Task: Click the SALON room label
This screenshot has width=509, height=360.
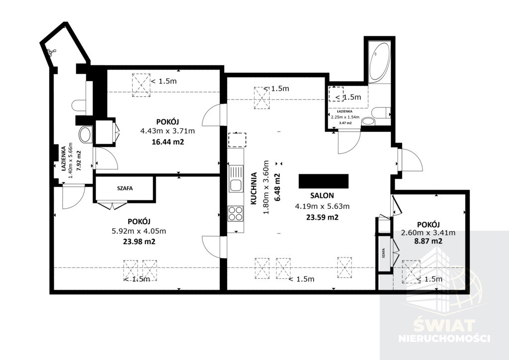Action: [322, 195]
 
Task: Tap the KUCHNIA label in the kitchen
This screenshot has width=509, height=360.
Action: [254, 188]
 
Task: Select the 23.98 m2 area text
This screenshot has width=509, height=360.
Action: [139, 242]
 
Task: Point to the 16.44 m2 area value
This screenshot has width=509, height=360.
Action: [168, 142]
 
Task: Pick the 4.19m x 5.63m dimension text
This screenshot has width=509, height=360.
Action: [322, 206]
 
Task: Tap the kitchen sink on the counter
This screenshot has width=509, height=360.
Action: [236, 178]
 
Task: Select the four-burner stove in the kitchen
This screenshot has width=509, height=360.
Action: [236, 214]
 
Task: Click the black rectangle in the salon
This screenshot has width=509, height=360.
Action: [324, 181]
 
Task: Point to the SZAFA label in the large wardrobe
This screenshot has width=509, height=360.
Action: [125, 188]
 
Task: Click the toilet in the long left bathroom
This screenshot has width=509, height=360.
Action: [79, 106]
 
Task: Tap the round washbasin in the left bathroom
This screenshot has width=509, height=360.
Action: [85, 134]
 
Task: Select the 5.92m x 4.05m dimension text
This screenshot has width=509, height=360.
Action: [139, 231]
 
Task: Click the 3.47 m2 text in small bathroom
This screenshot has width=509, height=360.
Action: [345, 123]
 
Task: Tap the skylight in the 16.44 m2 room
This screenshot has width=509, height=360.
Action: [141, 85]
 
